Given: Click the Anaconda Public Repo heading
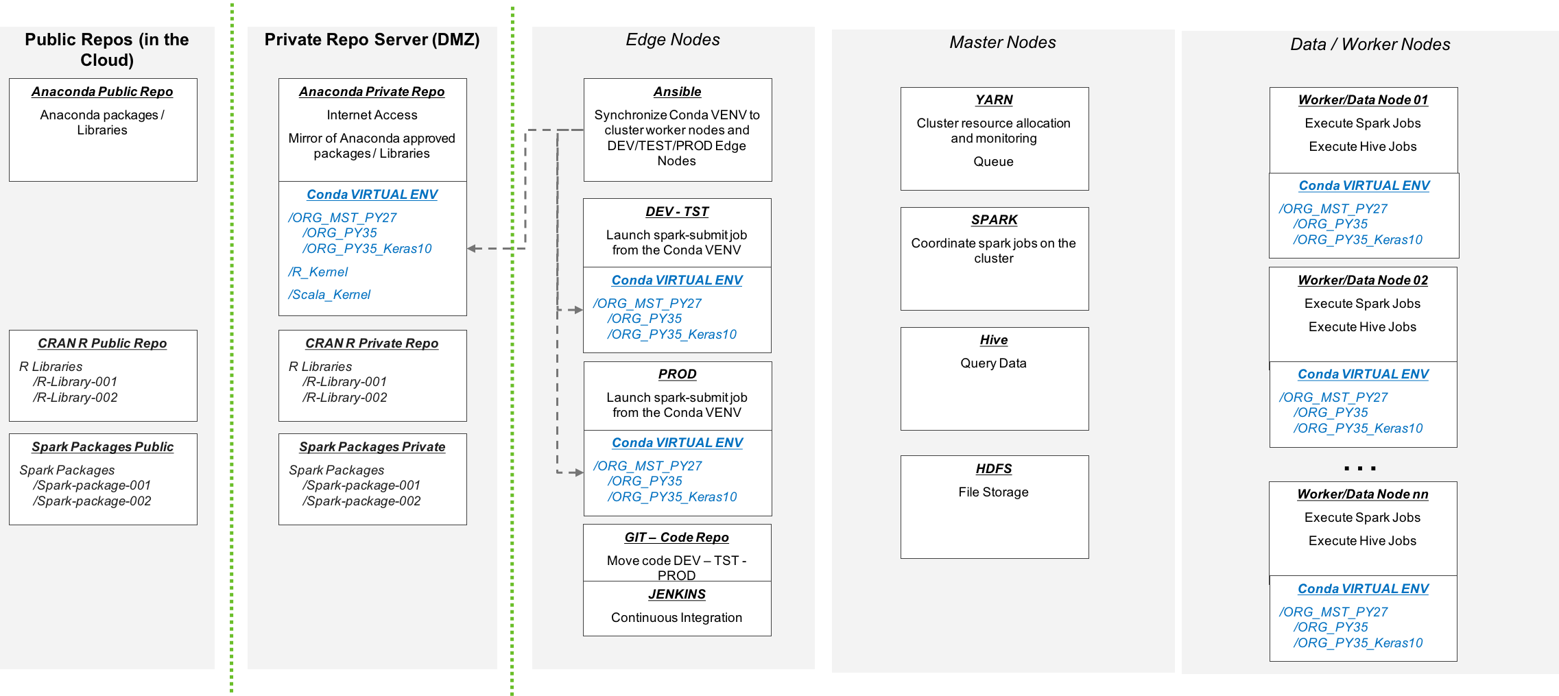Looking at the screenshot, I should [x=102, y=92].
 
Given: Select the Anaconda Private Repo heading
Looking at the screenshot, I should [x=372, y=92].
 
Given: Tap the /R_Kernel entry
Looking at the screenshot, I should [x=318, y=272].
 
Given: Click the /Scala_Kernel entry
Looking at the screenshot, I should [x=329, y=295].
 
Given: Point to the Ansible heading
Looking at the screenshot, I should [x=677, y=92].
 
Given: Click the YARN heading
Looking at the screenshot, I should [x=994, y=100].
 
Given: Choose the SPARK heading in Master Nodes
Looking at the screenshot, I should [x=994, y=220].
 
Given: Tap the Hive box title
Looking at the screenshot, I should [x=993, y=340].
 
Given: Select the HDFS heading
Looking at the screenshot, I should [x=993, y=469].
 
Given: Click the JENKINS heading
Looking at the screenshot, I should [x=677, y=595].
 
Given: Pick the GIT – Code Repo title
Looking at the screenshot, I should [x=676, y=538].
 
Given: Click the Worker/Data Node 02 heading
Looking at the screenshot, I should [x=1363, y=280].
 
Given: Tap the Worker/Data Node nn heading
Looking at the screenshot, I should [x=1363, y=494].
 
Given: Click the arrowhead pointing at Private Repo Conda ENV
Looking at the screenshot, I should [x=472, y=248].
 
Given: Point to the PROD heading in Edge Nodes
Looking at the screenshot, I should [x=677, y=374].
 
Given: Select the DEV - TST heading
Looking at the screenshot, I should [x=677, y=212].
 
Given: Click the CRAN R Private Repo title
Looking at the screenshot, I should [x=372, y=344].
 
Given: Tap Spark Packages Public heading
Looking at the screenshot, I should [x=102, y=447].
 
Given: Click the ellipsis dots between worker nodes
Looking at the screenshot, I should [x=1359, y=468].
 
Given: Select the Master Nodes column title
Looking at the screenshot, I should [x=1002, y=43].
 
